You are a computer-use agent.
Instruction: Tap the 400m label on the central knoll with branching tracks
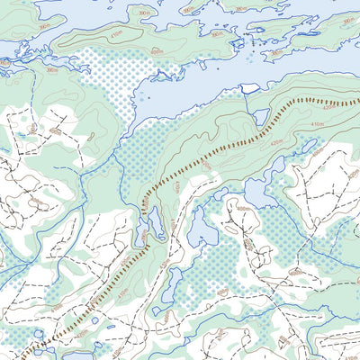click(x=243, y=209)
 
